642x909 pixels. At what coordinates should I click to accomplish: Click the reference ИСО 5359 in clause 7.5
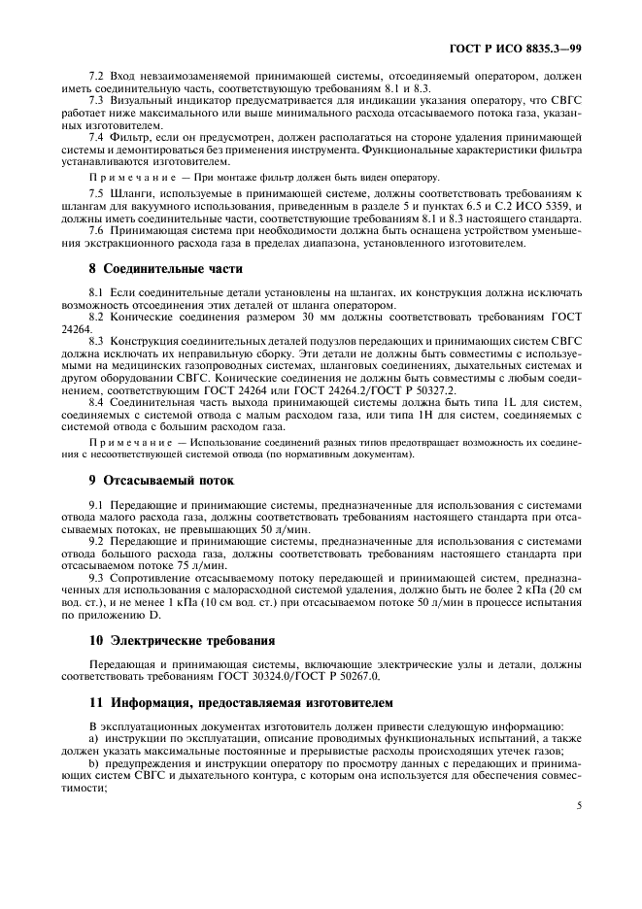551,207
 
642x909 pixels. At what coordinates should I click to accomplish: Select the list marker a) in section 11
93,737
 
